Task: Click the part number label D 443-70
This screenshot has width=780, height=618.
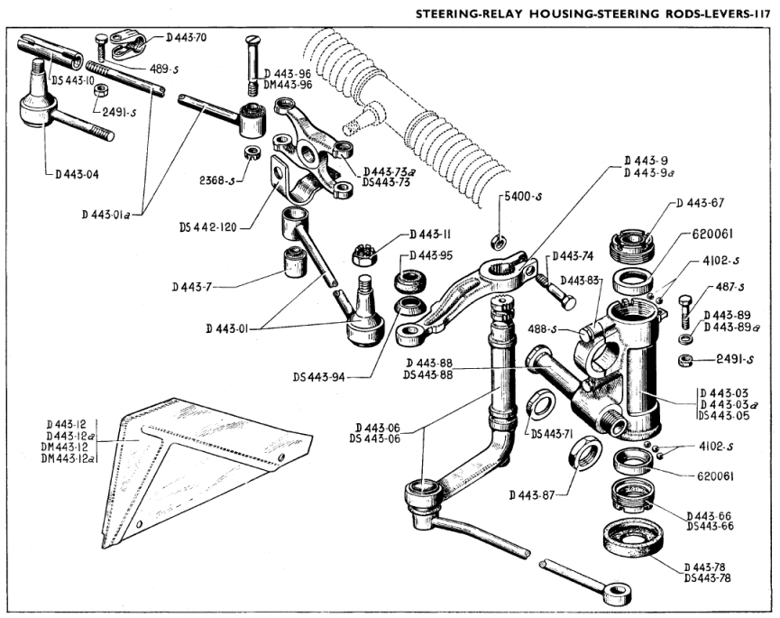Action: click(x=188, y=38)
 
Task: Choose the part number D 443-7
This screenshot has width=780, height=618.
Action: click(x=191, y=287)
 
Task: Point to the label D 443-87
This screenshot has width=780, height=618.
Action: click(x=533, y=494)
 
